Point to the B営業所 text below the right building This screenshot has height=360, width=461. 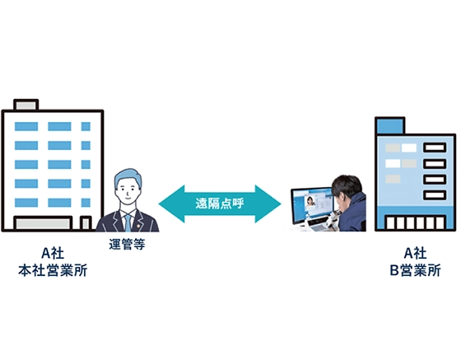tap(414, 270)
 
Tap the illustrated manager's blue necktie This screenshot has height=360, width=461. tap(128, 221)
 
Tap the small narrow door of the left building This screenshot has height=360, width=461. tap(85, 223)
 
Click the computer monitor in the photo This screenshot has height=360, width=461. tap(311, 205)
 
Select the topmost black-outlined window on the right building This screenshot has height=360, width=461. tap(435, 148)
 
